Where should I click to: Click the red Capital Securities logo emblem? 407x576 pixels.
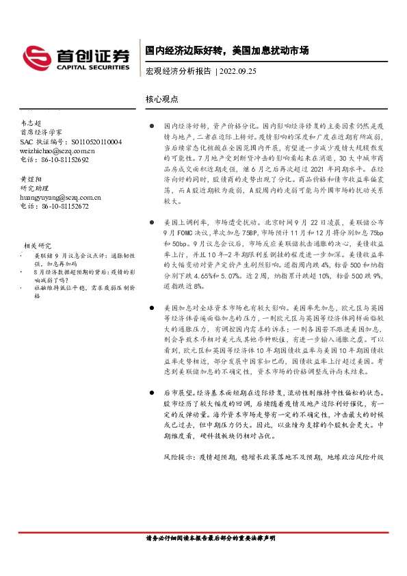[x=36, y=55]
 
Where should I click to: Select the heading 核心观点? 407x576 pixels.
[x=162, y=99]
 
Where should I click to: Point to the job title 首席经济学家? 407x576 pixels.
[x=41, y=132]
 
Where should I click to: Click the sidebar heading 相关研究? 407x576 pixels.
[x=38, y=245]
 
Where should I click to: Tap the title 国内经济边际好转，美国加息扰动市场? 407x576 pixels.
[x=226, y=51]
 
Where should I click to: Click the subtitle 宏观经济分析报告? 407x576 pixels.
[x=178, y=70]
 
